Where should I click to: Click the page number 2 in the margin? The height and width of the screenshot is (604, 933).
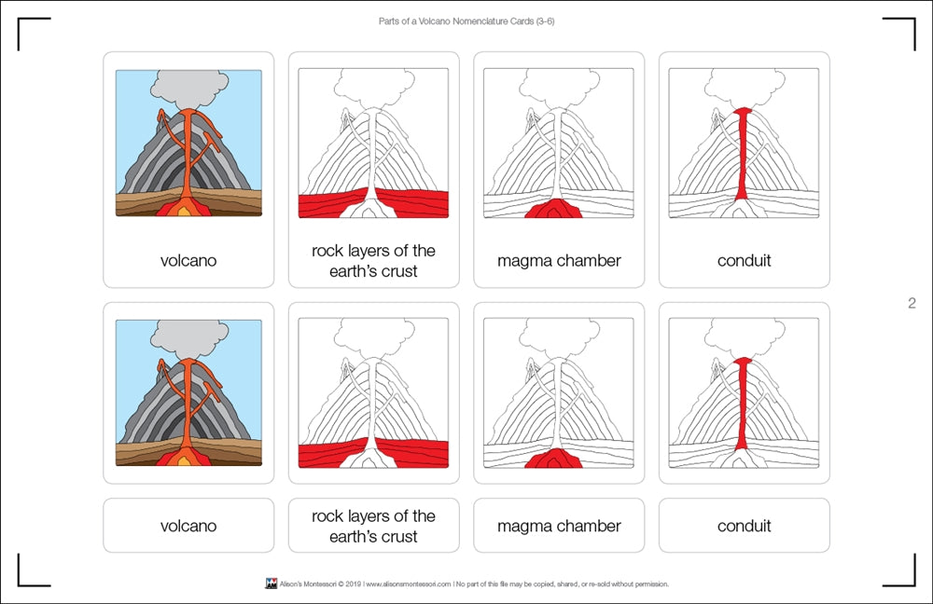(x=912, y=303)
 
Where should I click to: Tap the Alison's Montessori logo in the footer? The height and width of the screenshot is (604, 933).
(x=271, y=584)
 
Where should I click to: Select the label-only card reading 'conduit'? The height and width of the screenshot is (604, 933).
(x=744, y=526)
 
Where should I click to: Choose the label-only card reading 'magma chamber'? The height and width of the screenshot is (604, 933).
(x=558, y=526)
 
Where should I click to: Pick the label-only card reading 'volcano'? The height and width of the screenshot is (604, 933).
(x=188, y=526)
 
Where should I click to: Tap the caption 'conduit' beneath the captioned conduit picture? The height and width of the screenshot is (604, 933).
(x=744, y=261)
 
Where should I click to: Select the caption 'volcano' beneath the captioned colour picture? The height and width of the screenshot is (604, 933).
(x=188, y=261)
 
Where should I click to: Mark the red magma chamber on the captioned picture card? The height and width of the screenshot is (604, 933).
(x=553, y=209)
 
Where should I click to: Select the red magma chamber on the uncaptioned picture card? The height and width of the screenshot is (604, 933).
(x=553, y=459)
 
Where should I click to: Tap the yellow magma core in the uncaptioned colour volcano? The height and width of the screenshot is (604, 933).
(x=188, y=460)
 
